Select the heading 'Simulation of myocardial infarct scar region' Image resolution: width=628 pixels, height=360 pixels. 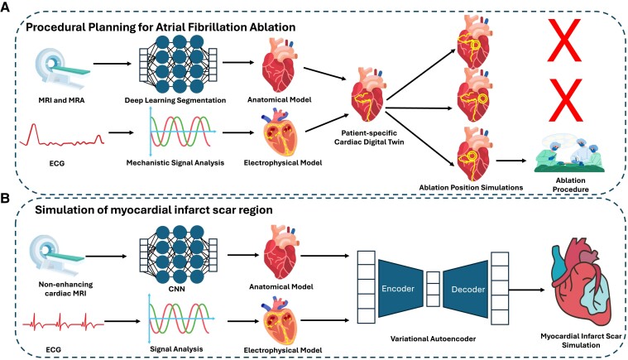[x=165, y=210]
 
